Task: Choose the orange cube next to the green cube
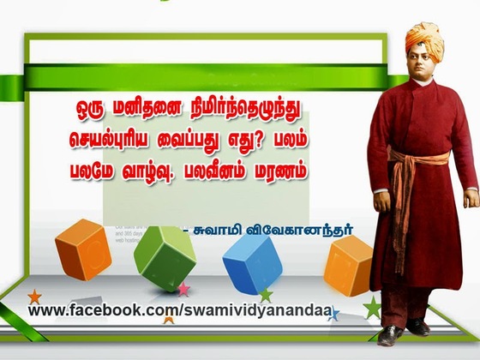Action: coord(83,249)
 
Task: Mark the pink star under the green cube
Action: coord(183,290)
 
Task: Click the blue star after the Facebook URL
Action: coord(333,315)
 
